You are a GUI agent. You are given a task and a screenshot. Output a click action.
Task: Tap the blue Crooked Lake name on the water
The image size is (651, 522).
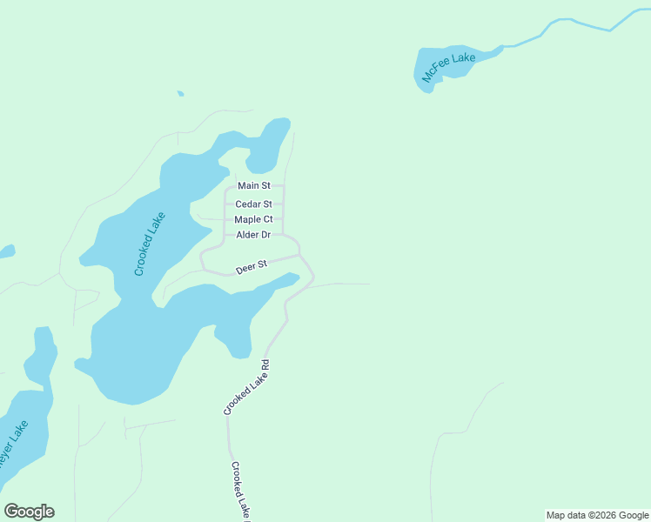(150, 244)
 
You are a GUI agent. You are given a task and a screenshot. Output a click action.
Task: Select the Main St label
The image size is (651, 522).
(254, 186)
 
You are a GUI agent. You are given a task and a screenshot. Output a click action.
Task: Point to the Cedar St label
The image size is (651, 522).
(254, 204)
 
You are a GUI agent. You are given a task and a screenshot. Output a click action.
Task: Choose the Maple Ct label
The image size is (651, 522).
(253, 220)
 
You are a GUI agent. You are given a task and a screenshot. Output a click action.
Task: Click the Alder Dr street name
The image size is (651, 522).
(253, 236)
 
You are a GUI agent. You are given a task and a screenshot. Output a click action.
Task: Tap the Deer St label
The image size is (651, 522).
(251, 266)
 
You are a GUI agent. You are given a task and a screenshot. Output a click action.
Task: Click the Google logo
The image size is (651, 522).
(29, 512)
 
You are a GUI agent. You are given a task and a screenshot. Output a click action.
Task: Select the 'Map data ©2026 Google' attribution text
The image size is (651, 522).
(597, 515)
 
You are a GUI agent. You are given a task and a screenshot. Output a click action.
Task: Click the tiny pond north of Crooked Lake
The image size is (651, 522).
(180, 93)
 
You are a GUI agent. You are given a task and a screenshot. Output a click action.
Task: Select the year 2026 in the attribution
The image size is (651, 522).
(603, 515)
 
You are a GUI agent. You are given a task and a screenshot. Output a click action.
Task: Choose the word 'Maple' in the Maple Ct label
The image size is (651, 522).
(247, 220)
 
